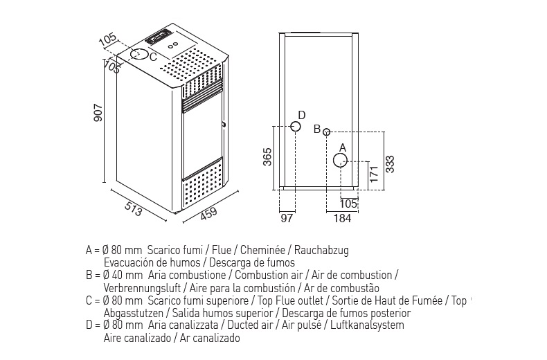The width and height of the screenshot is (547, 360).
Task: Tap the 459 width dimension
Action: click(x=208, y=213)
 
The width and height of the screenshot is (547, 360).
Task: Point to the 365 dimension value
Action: click(x=267, y=157)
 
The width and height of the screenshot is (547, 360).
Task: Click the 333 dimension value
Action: click(x=391, y=163)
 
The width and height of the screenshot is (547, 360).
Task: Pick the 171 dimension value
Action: click(x=372, y=174)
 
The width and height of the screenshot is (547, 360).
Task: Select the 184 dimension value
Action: click(x=341, y=219)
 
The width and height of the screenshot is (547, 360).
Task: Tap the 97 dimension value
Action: click(x=288, y=219)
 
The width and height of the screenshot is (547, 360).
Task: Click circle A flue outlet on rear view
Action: click(x=341, y=161)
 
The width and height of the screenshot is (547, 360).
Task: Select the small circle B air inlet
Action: click(x=327, y=131)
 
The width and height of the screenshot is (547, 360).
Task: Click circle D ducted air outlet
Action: click(x=295, y=127)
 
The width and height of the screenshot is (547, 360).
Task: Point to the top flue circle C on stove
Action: click(x=140, y=53)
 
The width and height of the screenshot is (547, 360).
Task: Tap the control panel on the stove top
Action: click(x=159, y=35)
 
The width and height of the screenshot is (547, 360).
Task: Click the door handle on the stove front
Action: click(x=224, y=125)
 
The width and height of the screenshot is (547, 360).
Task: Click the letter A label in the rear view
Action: click(x=341, y=147)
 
